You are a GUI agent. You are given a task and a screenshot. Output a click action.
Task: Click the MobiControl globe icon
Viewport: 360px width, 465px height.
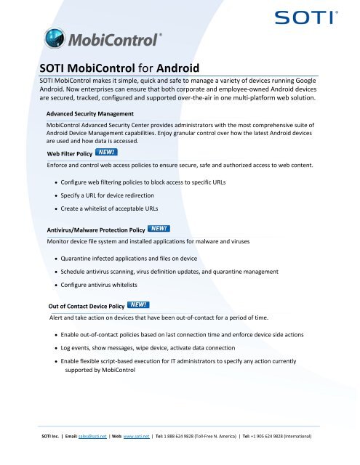(x=58, y=37)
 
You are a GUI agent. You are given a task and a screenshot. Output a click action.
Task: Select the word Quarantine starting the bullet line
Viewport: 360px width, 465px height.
(x=82, y=258)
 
